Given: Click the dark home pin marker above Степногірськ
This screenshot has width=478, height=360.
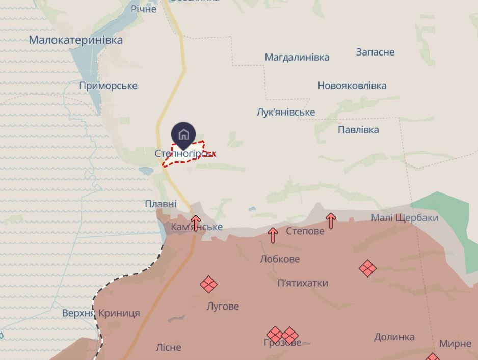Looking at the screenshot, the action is (x=183, y=134).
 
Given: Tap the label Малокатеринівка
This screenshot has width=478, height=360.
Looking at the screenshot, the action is (x=75, y=40).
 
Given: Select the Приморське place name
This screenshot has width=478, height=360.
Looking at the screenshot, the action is (x=108, y=86).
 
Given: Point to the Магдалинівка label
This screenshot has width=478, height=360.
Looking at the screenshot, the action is (x=297, y=57).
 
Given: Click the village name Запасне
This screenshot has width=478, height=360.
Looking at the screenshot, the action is (x=375, y=52).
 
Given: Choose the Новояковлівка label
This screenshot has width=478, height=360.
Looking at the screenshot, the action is (x=352, y=86).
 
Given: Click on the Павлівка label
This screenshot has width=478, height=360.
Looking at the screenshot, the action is (x=358, y=130).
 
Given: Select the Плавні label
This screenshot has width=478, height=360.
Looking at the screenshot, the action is (x=161, y=204).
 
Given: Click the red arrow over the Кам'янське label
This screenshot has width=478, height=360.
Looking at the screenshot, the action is (x=196, y=223).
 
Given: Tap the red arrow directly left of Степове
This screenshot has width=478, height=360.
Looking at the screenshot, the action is (x=273, y=235).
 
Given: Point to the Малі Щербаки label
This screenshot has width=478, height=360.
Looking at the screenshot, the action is (x=405, y=218).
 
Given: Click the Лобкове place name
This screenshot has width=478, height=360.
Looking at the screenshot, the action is (x=280, y=259).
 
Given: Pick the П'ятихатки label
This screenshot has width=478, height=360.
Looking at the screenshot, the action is (x=303, y=283).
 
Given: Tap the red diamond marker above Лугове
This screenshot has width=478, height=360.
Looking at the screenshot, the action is (x=208, y=285).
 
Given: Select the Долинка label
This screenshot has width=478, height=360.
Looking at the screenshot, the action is (x=394, y=337).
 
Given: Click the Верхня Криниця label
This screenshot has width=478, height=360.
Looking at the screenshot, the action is (x=101, y=313).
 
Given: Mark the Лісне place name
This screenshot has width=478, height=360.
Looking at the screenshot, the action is (x=168, y=347).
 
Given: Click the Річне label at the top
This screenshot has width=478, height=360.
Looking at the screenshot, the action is (x=144, y=9).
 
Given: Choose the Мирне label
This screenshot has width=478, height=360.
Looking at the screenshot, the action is (x=455, y=344).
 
